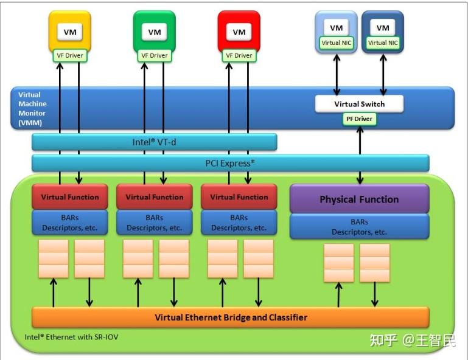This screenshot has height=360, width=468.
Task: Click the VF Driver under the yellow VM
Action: point(69,55)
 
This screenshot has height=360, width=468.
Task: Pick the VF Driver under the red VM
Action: point(239,55)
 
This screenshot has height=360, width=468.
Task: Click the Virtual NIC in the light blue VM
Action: point(336,43)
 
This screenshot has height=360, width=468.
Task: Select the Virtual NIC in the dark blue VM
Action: point(383,43)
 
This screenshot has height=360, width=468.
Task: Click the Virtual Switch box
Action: point(359,104)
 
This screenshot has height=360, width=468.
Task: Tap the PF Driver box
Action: point(359,119)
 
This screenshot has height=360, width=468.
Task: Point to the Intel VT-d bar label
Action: point(154,142)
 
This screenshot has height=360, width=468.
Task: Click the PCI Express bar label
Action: point(230,163)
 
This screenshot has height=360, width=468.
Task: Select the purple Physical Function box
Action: point(359,199)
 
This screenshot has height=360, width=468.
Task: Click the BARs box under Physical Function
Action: point(359,226)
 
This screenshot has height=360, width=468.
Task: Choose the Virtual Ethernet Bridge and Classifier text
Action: point(231,317)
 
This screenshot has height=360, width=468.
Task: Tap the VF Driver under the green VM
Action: point(154,55)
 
